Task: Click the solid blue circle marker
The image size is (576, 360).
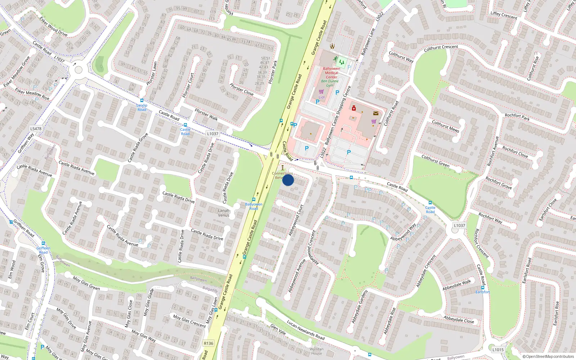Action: [x=288, y=180]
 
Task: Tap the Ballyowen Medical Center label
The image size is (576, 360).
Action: [x=332, y=73]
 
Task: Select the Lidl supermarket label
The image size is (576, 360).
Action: [x=321, y=97]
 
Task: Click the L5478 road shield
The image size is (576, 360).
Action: [x=36, y=129]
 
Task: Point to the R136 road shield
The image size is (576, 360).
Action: [x=208, y=343]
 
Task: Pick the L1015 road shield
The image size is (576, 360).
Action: [x=498, y=350]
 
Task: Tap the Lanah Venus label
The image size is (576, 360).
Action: [x=224, y=213]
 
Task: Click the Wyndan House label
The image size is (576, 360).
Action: [x=316, y=351]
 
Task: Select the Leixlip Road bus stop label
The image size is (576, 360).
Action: [x=142, y=107]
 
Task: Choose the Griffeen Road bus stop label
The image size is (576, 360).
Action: [x=43, y=250]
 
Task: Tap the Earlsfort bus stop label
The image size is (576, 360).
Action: [x=482, y=292]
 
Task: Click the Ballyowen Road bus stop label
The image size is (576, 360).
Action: [x=254, y=206]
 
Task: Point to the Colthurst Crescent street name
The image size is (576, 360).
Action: [x=441, y=48]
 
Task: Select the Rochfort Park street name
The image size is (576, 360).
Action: [x=517, y=117]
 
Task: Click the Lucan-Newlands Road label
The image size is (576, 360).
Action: [x=306, y=330]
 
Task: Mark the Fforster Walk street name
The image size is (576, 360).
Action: [x=206, y=114]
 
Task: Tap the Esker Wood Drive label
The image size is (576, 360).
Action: [x=54, y=26]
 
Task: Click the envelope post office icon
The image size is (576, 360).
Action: [x=376, y=113]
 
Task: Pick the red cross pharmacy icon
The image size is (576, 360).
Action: [x=354, y=108]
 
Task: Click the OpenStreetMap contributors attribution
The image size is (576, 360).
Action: [x=548, y=356]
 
